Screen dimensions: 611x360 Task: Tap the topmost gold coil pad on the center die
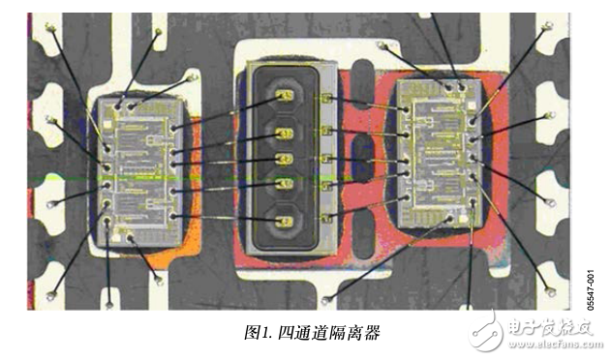point(284,97)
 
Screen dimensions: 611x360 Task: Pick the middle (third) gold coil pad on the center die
point(285,160)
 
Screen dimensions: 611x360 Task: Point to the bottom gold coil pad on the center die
point(284,222)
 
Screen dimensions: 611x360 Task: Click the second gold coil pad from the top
point(285,133)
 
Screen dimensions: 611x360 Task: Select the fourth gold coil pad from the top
point(285,184)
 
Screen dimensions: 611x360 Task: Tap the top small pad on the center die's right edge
point(330,99)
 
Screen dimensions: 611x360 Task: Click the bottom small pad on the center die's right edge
point(330,215)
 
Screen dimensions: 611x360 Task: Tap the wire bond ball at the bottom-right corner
point(553,289)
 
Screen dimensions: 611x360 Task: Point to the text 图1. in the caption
point(260,332)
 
